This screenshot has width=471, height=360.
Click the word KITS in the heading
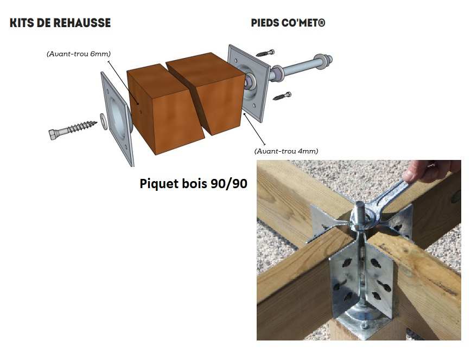pos(22,23)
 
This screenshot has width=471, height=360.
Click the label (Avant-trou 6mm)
pos(79,54)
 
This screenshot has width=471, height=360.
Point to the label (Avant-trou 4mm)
pos(286,151)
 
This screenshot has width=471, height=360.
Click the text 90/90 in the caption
pos(229,183)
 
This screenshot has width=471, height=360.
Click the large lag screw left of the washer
pos(73,130)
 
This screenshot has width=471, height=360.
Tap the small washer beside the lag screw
pos(104,121)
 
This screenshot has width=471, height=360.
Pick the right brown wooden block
pos(206,93)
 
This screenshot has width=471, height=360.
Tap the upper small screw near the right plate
pos(265,53)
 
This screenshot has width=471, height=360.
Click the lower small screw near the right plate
pos(282,96)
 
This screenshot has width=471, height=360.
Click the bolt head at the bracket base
pos(364,325)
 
